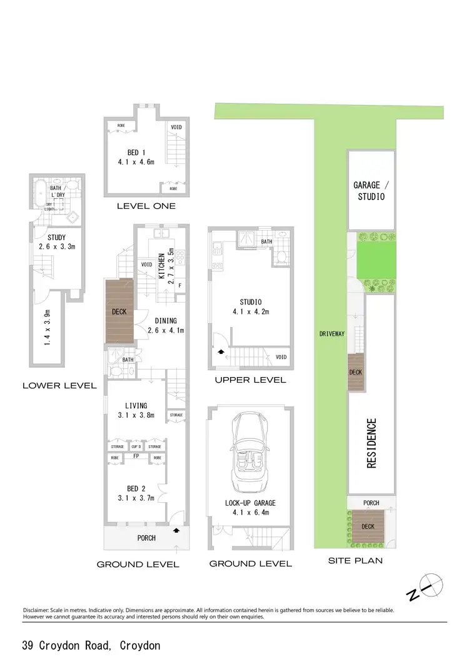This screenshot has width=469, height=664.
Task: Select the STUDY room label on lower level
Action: click(57, 238)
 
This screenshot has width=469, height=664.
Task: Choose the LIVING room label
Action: click(136, 406)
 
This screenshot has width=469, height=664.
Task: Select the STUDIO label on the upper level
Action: click(250, 303)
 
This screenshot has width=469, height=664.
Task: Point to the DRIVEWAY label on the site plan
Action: click(332, 334)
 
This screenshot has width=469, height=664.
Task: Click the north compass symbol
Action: click(431, 585)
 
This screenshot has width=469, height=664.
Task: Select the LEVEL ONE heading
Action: click(146, 206)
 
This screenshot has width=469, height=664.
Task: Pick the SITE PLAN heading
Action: click(355, 561)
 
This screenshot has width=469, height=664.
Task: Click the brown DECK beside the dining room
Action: click(119, 311)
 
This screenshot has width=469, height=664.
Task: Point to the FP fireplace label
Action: click(136, 456)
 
